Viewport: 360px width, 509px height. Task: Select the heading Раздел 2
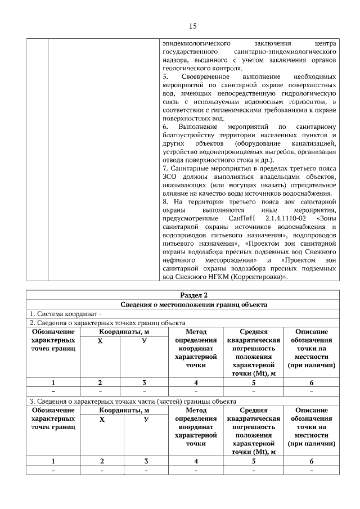click(x=193, y=295)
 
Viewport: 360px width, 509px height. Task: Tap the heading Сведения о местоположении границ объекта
click(x=193, y=304)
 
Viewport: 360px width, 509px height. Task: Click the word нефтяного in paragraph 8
click(x=177, y=260)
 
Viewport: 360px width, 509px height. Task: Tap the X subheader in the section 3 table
click(x=101, y=419)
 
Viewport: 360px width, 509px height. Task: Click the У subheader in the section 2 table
click(x=145, y=341)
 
